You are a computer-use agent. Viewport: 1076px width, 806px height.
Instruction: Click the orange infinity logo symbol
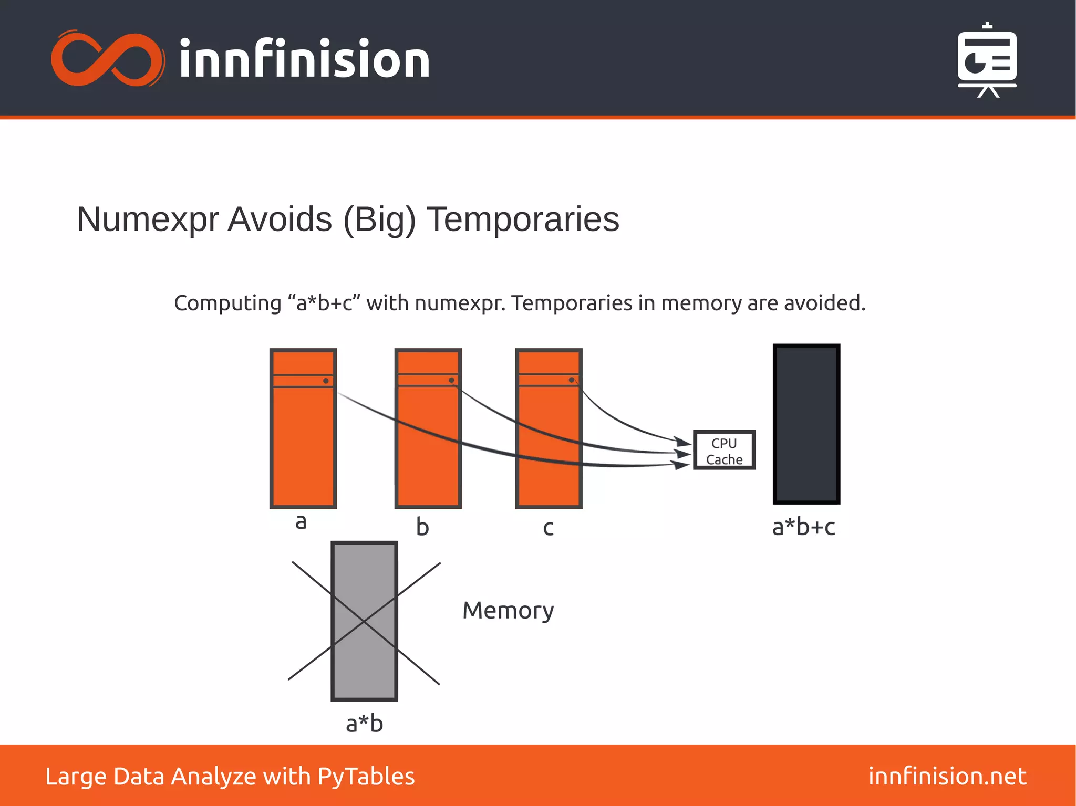(x=107, y=59)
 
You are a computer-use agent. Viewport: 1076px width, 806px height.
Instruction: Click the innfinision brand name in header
(x=304, y=59)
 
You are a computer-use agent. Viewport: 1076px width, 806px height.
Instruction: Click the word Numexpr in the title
(x=148, y=219)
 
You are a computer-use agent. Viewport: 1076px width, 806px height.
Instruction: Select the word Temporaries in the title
(x=523, y=219)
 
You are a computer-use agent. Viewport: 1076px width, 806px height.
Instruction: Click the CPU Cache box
(x=724, y=450)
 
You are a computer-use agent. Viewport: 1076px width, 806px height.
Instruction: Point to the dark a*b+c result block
(x=806, y=424)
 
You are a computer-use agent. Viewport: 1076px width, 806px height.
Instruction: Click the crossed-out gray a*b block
(x=364, y=621)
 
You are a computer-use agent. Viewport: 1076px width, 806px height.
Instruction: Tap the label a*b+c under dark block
(x=803, y=527)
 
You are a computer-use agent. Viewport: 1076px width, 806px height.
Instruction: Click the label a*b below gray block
(x=364, y=724)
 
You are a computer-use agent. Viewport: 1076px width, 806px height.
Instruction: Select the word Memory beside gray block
(x=508, y=611)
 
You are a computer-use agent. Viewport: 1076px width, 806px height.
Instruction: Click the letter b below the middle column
(x=422, y=527)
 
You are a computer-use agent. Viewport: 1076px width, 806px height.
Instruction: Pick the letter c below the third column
(x=548, y=528)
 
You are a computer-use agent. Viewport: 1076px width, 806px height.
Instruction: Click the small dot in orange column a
(x=326, y=381)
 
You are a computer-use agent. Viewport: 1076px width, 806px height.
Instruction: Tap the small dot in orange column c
(x=571, y=380)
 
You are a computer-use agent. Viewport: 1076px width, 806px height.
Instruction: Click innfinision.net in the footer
(x=947, y=776)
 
